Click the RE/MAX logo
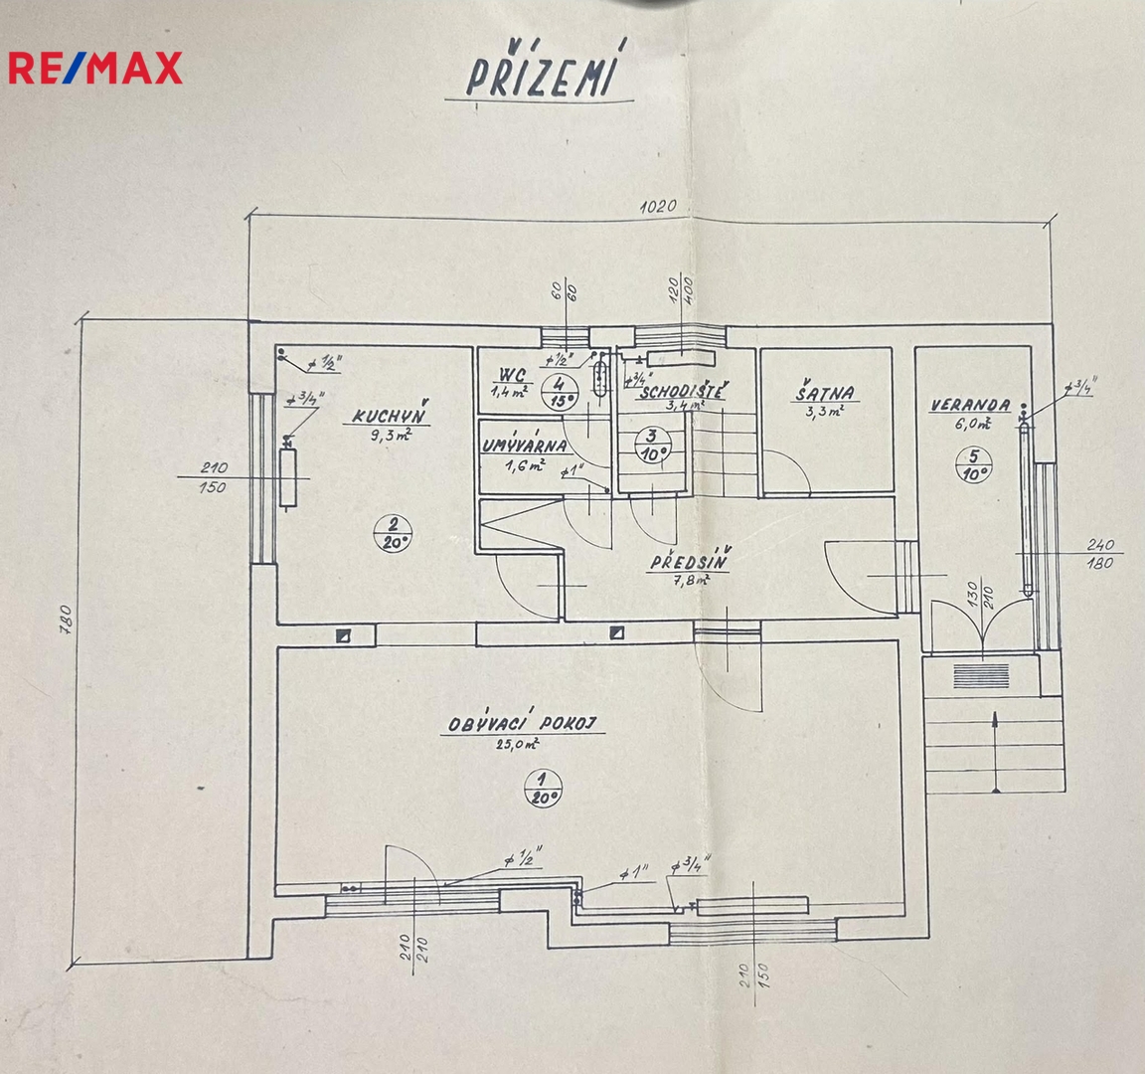coord(95,67)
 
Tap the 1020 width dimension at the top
coord(657,208)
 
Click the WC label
coord(512,376)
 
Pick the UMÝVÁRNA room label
coord(525,447)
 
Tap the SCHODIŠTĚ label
coord(682,391)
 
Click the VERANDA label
coord(969,405)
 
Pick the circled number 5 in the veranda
coord(976,464)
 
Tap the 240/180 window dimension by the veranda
coord(1100,554)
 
